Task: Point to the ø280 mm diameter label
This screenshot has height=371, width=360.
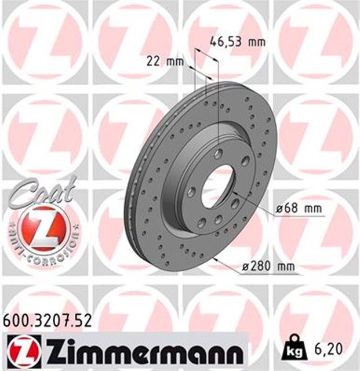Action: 268,267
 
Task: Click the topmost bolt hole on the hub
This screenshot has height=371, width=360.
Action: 219,154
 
